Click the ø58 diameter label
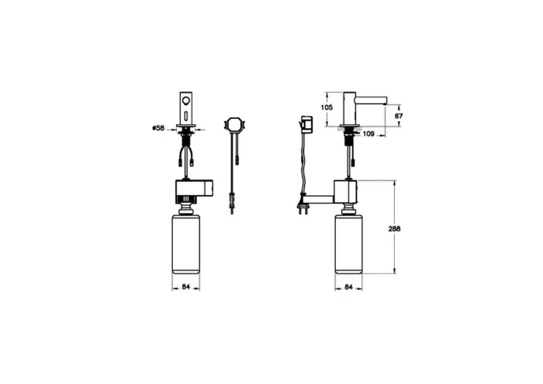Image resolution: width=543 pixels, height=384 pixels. [158, 128]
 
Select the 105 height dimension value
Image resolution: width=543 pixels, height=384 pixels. [327, 107]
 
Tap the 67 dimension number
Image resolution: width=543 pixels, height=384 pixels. [399, 116]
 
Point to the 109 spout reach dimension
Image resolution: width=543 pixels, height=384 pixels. [368, 134]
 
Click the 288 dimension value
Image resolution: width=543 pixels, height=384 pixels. [394, 229]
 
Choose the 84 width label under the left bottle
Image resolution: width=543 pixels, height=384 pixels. [186, 287]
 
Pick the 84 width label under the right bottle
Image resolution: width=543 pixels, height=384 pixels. [349, 287]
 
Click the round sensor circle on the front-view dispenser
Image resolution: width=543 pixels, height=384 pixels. [186, 100]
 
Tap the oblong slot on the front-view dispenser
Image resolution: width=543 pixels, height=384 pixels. [186, 116]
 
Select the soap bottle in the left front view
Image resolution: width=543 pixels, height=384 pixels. [186, 245]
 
